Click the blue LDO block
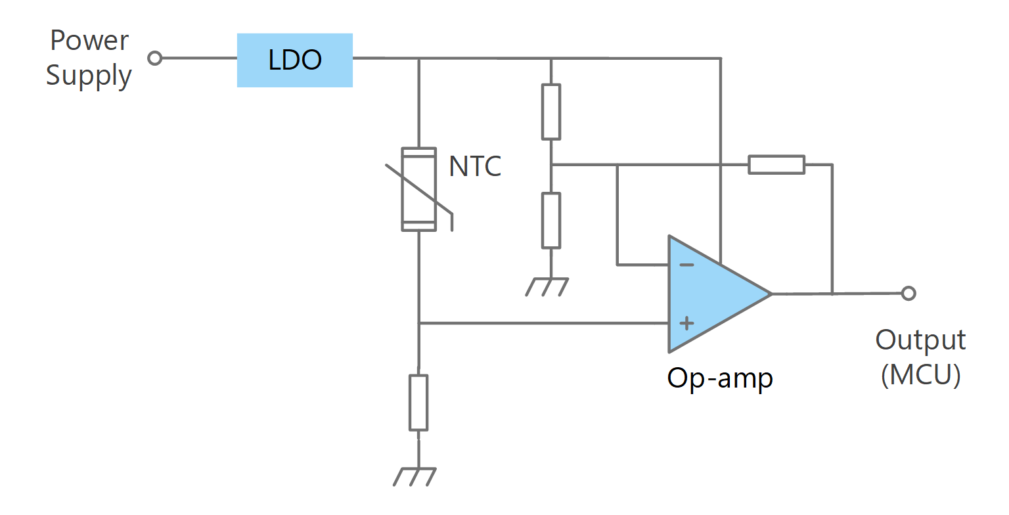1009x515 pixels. (x=294, y=60)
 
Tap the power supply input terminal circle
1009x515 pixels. (x=154, y=58)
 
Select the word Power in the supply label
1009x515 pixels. (x=89, y=41)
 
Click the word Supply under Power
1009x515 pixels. (x=89, y=76)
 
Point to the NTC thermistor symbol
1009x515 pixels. (x=419, y=189)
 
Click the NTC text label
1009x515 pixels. (x=475, y=166)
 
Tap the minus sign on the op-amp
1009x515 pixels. (x=686, y=265)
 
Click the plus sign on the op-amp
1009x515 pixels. (x=686, y=323)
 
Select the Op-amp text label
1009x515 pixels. (x=720, y=378)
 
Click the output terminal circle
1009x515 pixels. (x=908, y=294)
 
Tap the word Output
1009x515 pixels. (x=920, y=340)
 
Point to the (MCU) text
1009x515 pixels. (x=921, y=375)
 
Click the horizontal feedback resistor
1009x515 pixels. (x=776, y=164)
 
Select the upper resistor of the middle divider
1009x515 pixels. (x=551, y=112)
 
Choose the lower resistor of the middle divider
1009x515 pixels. (x=551, y=220)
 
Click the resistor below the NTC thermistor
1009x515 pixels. (x=418, y=403)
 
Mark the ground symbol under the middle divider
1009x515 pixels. (x=547, y=287)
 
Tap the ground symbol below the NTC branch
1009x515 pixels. (x=415, y=477)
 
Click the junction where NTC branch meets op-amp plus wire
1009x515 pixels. (x=419, y=323)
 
